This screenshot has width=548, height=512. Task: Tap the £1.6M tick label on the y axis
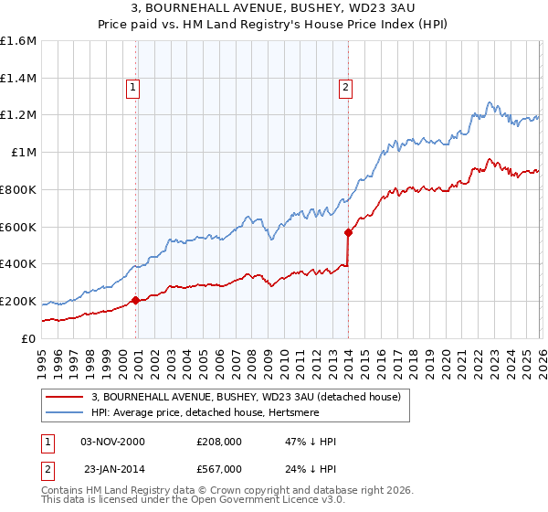tap(18, 41)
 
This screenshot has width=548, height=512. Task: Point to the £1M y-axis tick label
tap(24, 153)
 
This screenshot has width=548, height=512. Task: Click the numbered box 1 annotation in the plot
tap(133, 88)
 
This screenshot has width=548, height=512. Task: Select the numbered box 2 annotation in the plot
tap(346, 88)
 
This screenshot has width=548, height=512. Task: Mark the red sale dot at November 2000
tap(136, 300)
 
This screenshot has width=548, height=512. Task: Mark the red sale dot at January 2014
tap(348, 232)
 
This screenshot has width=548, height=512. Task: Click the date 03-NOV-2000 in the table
tap(113, 442)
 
